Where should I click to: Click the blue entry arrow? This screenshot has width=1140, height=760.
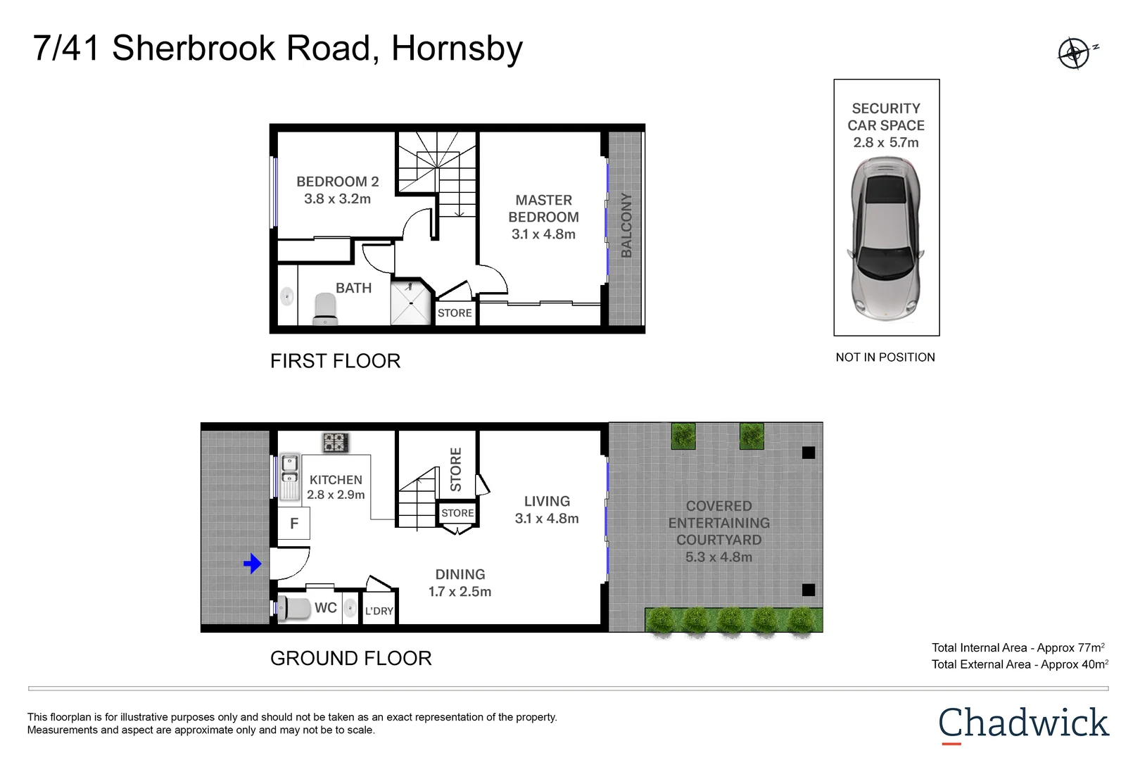click(x=253, y=564)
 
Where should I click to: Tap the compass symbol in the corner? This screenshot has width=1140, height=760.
click(x=1075, y=53)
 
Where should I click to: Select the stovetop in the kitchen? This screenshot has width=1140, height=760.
click(x=336, y=443)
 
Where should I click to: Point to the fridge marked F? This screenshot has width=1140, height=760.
click(x=293, y=524)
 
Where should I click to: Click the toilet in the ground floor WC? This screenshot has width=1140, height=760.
click(x=293, y=608)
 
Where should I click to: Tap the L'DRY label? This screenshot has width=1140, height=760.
click(x=379, y=611)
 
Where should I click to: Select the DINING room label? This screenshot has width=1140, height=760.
click(x=460, y=574)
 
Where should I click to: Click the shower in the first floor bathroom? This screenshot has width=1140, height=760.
click(x=411, y=303)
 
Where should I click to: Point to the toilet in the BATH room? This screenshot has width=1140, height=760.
click(x=325, y=308)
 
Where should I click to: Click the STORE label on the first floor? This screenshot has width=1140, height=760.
click(x=455, y=312)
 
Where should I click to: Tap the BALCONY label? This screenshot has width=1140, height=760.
click(x=626, y=225)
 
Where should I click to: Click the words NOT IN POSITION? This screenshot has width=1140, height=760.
click(x=885, y=357)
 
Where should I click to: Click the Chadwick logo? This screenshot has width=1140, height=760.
click(x=1023, y=725)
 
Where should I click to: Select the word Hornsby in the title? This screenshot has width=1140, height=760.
click(x=457, y=49)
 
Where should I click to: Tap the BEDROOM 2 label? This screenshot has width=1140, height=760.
click(x=337, y=182)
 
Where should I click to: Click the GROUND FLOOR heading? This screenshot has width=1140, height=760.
click(x=350, y=658)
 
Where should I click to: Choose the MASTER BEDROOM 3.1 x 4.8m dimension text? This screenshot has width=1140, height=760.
click(x=543, y=234)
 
